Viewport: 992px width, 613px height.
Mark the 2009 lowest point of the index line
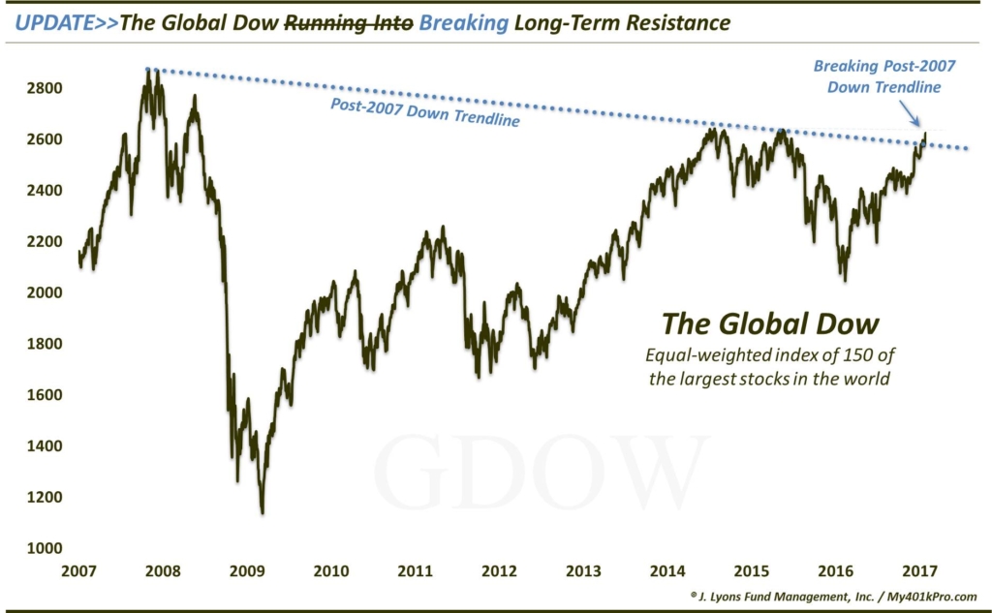point(263,512)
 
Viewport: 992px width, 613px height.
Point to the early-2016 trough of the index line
point(845,281)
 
